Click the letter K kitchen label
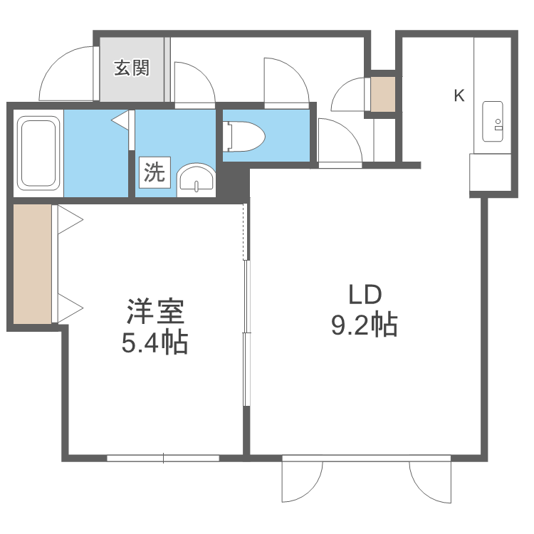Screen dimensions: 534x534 459,95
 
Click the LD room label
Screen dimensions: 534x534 365,295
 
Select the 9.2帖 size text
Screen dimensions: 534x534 364,325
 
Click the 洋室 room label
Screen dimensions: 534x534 155,313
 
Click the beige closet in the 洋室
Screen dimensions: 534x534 32,263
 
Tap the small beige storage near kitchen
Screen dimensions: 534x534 382,93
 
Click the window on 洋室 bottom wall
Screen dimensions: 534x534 163,459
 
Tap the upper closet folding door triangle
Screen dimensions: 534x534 69,219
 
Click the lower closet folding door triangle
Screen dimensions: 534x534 69,308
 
